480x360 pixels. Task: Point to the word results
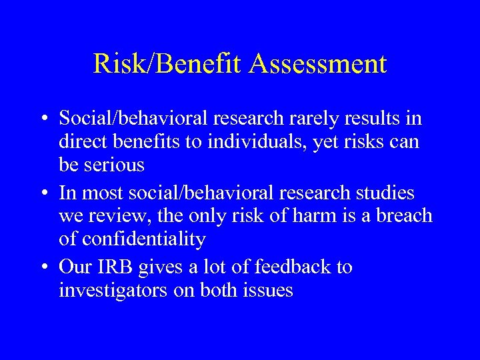pos(381,119)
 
